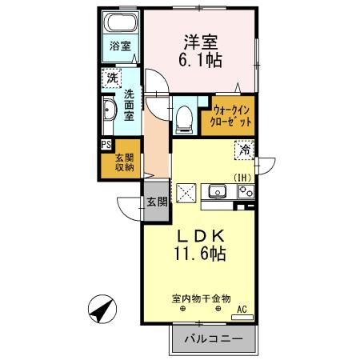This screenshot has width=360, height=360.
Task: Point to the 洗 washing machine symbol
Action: [x=111, y=80]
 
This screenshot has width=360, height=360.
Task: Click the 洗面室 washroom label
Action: [x=130, y=104]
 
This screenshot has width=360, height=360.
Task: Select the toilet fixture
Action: [x=185, y=117]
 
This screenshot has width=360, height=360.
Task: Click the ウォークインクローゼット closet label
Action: [x=232, y=114]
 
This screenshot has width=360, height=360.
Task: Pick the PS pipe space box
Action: [x=106, y=145]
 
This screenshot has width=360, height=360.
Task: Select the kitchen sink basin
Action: [x=216, y=191]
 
